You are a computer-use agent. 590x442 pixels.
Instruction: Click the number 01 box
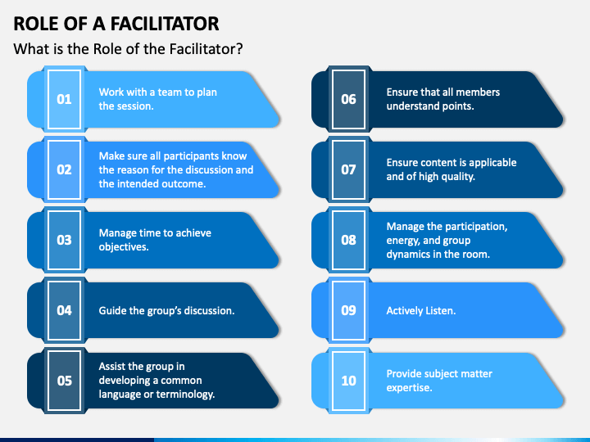point(65,99)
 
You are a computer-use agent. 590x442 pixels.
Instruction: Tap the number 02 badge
point(65,169)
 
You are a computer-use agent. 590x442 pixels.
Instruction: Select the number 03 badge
point(65,240)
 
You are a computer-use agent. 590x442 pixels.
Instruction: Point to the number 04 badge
point(65,310)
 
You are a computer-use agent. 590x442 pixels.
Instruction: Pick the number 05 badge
point(65,381)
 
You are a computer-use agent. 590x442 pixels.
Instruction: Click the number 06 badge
point(348,99)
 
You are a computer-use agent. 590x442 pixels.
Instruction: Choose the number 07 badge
point(348,169)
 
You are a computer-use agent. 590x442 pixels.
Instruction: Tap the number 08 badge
point(348,240)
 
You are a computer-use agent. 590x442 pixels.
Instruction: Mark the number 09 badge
point(348,310)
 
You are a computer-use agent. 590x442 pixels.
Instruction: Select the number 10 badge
point(348,381)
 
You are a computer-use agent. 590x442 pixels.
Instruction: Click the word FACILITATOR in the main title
point(165,24)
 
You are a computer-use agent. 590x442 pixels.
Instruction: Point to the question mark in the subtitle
point(239,49)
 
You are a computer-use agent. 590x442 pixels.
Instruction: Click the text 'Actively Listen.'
point(421,311)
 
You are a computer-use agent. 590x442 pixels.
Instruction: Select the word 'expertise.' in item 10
point(409,388)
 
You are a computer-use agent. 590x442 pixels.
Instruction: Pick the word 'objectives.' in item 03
point(124,247)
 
